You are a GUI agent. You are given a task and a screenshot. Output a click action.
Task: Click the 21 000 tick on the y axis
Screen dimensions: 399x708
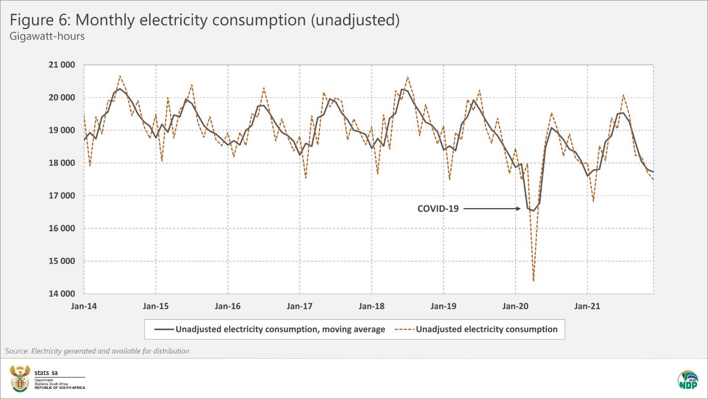(x=62, y=65)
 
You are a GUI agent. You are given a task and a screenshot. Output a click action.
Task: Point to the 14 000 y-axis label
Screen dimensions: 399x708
(x=62, y=294)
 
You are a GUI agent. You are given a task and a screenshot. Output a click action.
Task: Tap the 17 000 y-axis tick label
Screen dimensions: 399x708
(x=62, y=196)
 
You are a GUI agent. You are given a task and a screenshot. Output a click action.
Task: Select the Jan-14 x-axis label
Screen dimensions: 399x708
(x=84, y=306)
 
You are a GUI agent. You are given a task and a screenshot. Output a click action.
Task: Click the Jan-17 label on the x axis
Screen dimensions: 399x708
(x=300, y=306)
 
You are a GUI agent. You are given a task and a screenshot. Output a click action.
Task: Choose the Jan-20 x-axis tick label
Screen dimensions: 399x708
(x=515, y=306)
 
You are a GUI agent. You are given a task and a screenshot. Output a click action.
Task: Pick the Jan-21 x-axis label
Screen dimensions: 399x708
(x=587, y=306)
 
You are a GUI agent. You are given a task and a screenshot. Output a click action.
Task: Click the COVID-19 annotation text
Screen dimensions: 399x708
(x=438, y=209)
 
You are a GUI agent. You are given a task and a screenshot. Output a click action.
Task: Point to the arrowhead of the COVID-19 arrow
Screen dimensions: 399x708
(x=520, y=209)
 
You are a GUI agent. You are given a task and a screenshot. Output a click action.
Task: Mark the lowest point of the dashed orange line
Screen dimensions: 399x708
(x=534, y=281)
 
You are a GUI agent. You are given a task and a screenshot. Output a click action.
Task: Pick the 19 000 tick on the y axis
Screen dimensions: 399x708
(x=62, y=131)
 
